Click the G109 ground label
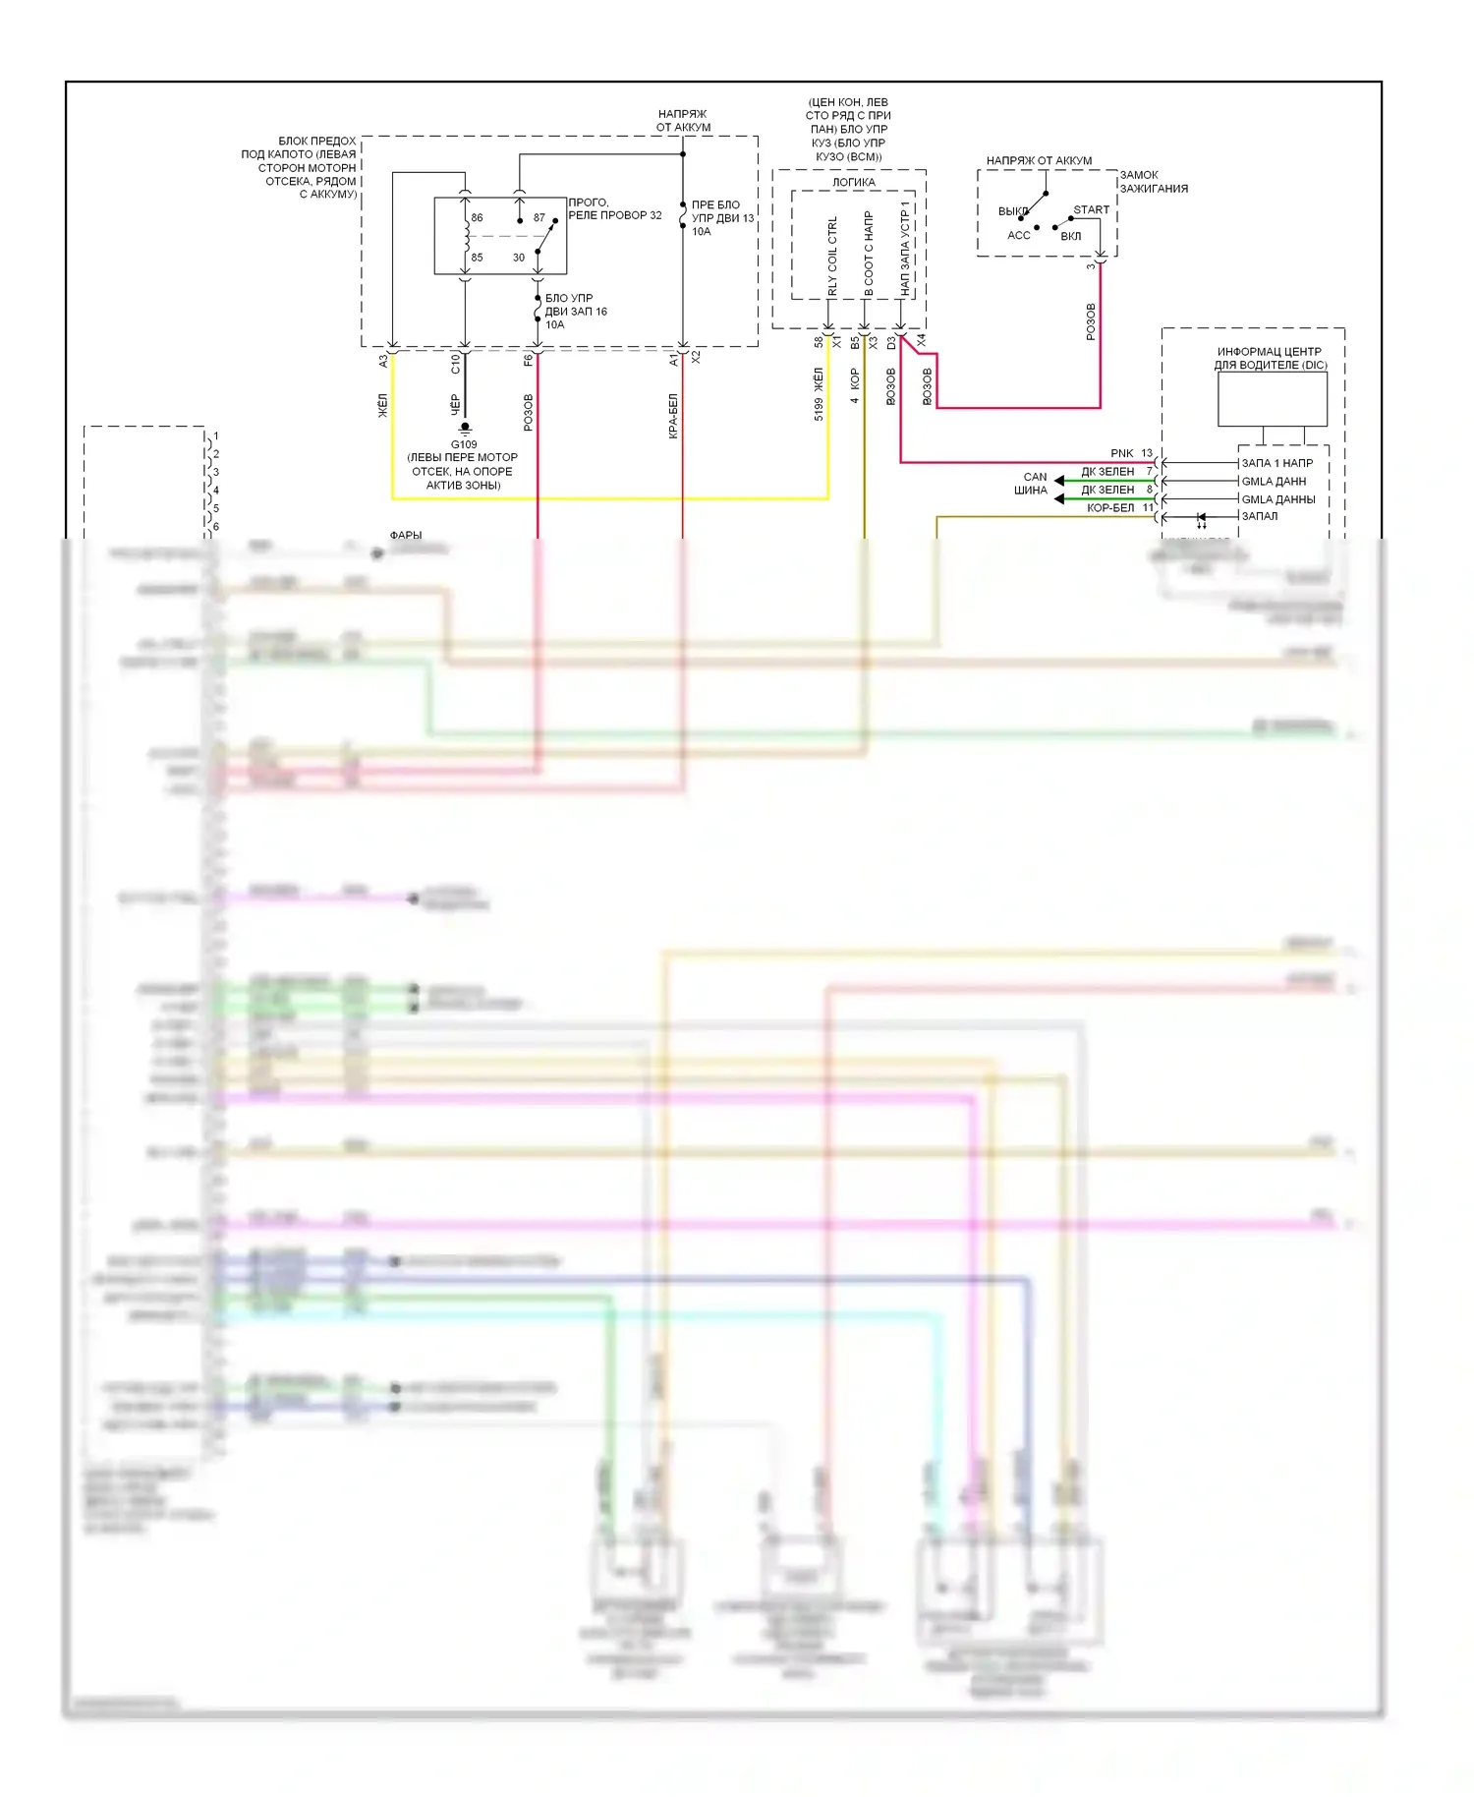[464, 444]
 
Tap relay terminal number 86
[477, 217]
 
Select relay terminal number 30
[519, 258]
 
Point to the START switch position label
[1091, 209]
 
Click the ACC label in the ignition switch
[1018, 235]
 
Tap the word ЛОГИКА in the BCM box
[853, 182]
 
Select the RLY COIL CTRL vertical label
[832, 256]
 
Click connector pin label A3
[383, 362]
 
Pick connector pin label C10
[455, 364]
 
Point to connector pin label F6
[528, 361]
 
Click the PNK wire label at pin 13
[1121, 453]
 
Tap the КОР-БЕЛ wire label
[1109, 508]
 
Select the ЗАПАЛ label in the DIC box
[1259, 516]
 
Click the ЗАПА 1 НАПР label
[1276, 463]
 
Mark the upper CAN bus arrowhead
[1059, 481]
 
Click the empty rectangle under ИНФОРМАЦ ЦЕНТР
[1272, 399]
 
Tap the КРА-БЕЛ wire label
[673, 416]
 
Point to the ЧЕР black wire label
[455, 404]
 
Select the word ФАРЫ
[406, 536]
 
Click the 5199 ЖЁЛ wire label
[819, 394]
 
